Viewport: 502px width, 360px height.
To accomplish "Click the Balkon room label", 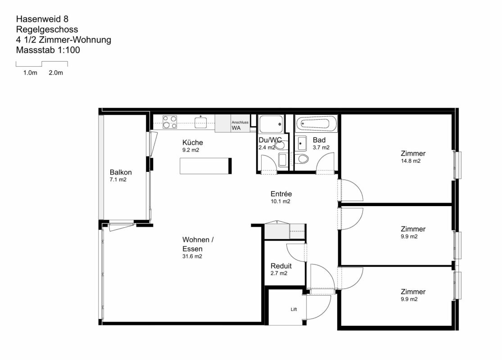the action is [x=121, y=172].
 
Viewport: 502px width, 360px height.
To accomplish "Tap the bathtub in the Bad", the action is [x=316, y=123].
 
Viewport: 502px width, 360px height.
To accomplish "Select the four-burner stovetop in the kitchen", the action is [x=170, y=122].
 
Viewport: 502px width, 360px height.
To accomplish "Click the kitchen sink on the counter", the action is [x=200, y=122].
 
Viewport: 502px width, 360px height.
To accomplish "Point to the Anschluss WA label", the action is [x=240, y=125].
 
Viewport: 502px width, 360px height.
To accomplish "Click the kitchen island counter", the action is [x=206, y=166].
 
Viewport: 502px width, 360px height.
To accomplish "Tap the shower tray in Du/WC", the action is [x=271, y=124].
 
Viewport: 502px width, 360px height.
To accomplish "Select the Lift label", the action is [x=294, y=309].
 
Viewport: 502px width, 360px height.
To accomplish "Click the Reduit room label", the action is [x=281, y=266].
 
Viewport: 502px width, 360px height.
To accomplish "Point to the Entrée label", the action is [x=281, y=194].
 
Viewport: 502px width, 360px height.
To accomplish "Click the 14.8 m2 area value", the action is [x=411, y=161].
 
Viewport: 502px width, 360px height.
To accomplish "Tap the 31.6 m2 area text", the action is [x=192, y=256].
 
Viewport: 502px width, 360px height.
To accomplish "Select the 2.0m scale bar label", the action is [x=56, y=72].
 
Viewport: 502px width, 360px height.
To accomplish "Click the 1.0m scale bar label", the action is [x=30, y=72].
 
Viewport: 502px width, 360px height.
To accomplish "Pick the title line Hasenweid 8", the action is [x=42, y=19].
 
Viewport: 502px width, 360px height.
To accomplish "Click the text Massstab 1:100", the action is [x=48, y=50].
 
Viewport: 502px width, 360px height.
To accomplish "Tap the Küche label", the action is [x=192, y=142].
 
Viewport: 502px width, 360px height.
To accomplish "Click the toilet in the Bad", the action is [x=301, y=158].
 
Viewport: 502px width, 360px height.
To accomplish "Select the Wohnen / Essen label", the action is [x=198, y=244].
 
